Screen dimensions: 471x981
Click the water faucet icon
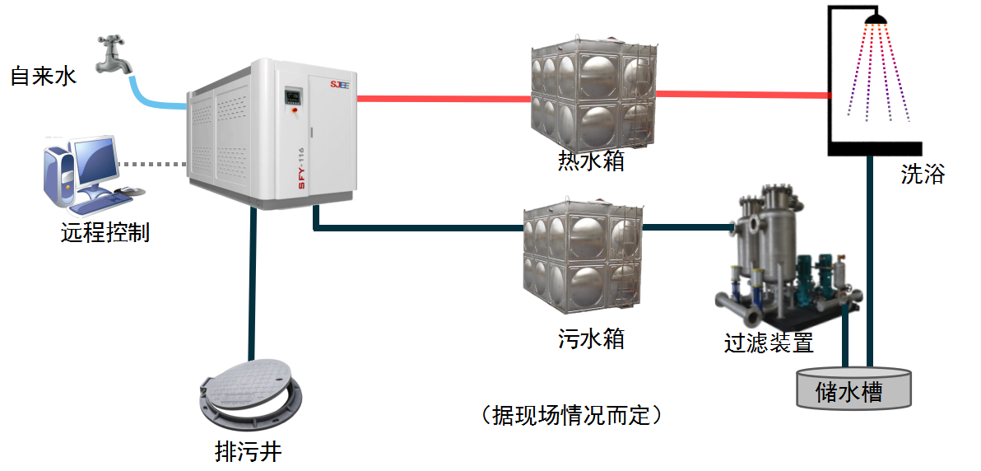point(114,54)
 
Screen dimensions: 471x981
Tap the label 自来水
point(43,77)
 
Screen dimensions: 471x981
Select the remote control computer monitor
point(95,161)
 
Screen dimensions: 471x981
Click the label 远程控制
point(105,233)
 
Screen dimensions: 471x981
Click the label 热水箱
point(591,161)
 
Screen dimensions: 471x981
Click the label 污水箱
point(591,338)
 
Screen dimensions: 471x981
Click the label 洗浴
point(923,175)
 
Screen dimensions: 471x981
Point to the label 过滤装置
point(769,342)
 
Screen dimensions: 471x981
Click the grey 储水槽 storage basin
point(853,389)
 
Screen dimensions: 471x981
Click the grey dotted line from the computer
point(152,163)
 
